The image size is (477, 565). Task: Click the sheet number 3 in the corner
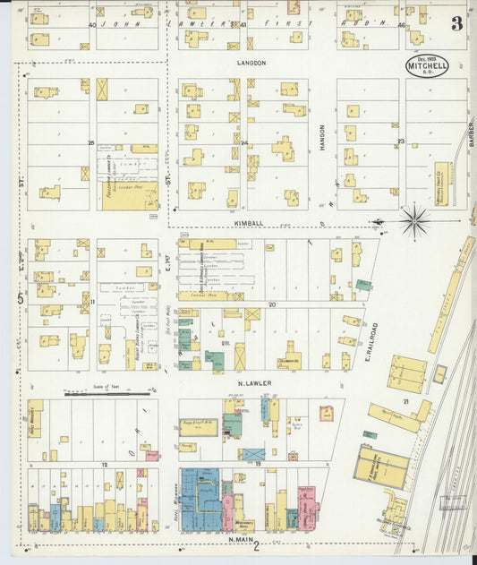(456, 24)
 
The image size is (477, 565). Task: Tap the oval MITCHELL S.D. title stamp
(427, 65)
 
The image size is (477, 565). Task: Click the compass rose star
(414, 221)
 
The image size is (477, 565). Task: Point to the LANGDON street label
(252, 64)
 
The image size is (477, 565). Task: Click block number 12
(105, 466)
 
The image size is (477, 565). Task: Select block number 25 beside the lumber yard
(90, 142)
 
